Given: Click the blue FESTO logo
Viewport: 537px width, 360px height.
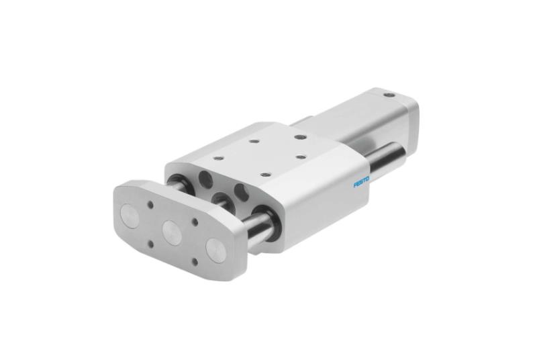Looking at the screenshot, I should (x=362, y=182).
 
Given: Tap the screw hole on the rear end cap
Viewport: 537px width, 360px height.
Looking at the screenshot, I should (x=387, y=96).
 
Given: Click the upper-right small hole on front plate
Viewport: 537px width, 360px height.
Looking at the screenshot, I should (x=195, y=220).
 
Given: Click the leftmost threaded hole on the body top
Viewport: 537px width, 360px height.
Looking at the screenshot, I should (x=217, y=158).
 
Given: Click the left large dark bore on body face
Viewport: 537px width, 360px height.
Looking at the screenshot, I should (x=205, y=179).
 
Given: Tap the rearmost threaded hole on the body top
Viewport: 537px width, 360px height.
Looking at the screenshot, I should (x=300, y=137).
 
